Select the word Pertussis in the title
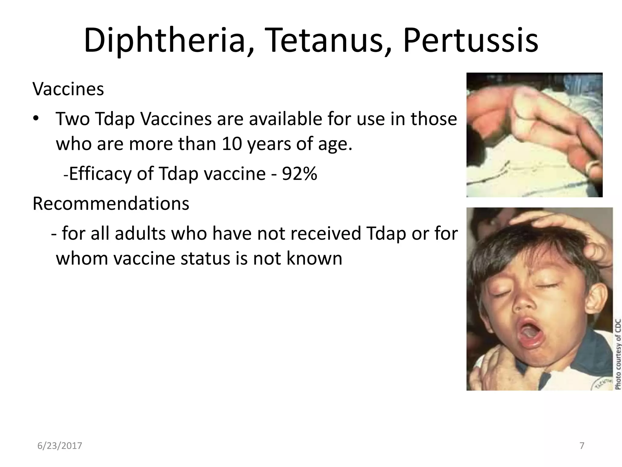(470, 40)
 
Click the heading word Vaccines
(68, 89)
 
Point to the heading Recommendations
(111, 203)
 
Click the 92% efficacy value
(299, 174)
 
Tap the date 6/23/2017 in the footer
(60, 446)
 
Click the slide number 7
(582, 446)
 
